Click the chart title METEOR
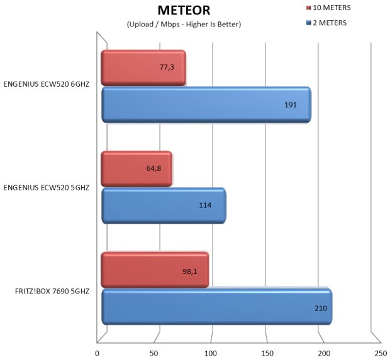click(x=184, y=10)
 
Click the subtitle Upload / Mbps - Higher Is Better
click(x=184, y=24)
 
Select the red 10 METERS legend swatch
click(x=308, y=8)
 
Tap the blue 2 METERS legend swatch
click(x=308, y=23)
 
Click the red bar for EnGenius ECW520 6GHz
click(x=143, y=68)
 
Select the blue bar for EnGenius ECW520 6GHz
click(x=206, y=104)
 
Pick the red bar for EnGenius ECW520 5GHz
click(x=136, y=169)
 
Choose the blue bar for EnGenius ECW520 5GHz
click(x=164, y=205)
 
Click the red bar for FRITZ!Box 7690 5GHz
click(x=154, y=270)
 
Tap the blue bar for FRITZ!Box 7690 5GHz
click(x=216, y=307)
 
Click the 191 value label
click(x=290, y=104)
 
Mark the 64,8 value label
click(x=153, y=168)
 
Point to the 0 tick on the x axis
click(x=97, y=352)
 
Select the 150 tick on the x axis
click(x=267, y=352)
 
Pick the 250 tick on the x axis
click(x=381, y=352)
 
